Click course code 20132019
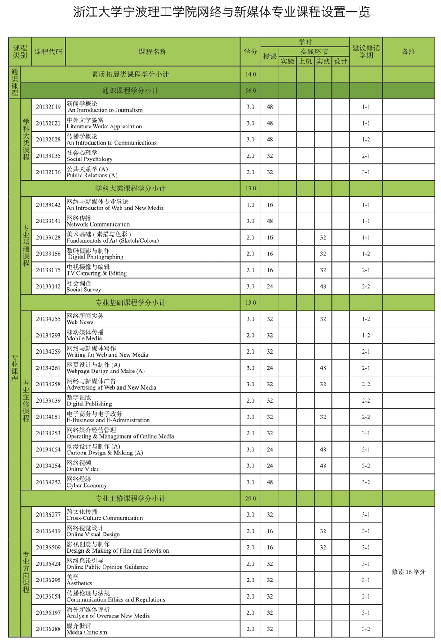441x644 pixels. (x=48, y=107)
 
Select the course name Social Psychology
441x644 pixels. (x=90, y=156)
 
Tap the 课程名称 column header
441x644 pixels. (x=153, y=52)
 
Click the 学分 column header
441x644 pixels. (x=251, y=52)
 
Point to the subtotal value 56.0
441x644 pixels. (x=251, y=91)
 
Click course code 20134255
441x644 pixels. (x=48, y=319)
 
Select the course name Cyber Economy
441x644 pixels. (x=87, y=482)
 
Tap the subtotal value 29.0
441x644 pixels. (x=251, y=499)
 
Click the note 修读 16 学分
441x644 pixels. (x=408, y=572)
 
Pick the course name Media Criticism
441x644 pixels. (x=87, y=629)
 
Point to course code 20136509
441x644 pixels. (x=48, y=548)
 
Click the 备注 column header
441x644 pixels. (x=408, y=52)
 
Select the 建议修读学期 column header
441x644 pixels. (x=366, y=52)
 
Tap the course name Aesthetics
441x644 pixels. (x=79, y=580)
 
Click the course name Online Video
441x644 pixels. (x=83, y=466)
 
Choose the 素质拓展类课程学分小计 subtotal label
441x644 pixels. (x=130, y=74)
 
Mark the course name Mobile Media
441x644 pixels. (x=85, y=336)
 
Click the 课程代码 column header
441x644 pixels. (x=48, y=52)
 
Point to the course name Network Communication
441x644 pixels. (x=98, y=221)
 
